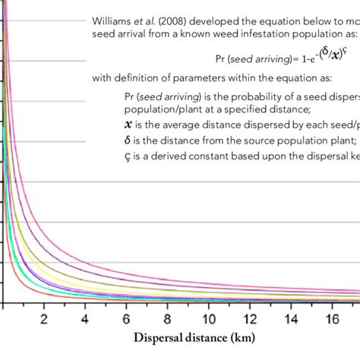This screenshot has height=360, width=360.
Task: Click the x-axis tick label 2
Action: pyautogui.click(x=44, y=317)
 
